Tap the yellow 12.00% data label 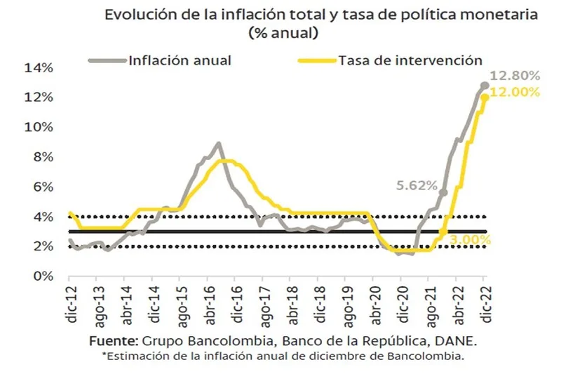point(515,93)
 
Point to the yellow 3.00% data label point(470,240)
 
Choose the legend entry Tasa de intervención point(410,60)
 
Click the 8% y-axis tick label point(40,157)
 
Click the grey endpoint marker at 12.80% point(485,86)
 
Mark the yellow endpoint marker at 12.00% point(485,98)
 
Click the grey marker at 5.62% point(443,192)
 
